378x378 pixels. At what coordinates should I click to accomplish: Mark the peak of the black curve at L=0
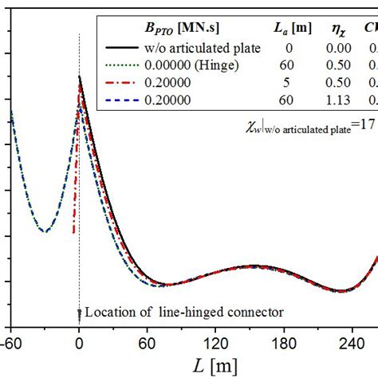(80, 77)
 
